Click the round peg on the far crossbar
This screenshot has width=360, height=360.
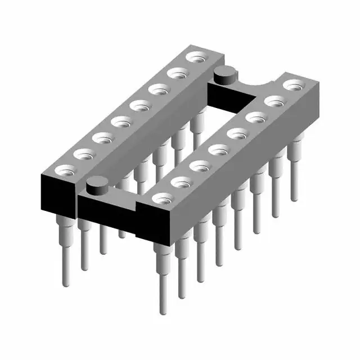(x=224, y=73)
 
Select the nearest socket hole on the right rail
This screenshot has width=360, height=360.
(x=162, y=197)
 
